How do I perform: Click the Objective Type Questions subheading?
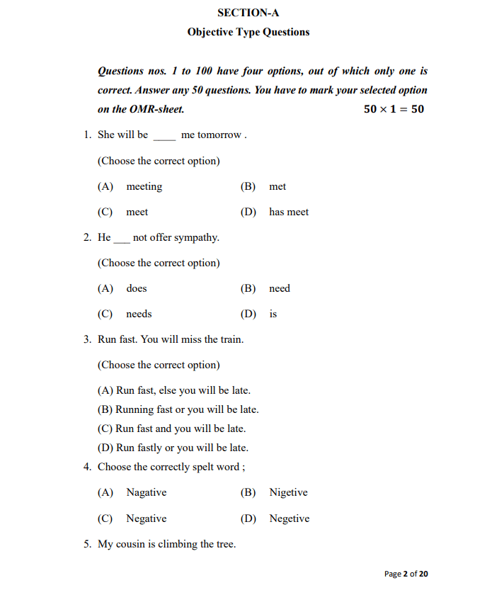coord(248,32)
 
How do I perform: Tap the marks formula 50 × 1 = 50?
coord(394,109)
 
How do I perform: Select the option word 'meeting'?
coord(144,187)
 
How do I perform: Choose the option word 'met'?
coord(277,187)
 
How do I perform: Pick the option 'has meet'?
coord(289,212)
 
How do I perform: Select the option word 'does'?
coord(137,289)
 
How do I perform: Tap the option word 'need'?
coord(280,289)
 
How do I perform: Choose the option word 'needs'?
coord(139,314)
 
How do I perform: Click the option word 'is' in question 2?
coord(273,314)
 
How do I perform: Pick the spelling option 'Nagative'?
coord(147,493)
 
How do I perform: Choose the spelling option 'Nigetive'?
coord(288,493)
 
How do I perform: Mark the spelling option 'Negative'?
coord(147,518)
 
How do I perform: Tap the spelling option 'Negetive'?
coord(289,518)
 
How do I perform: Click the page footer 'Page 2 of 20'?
coord(406,574)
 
